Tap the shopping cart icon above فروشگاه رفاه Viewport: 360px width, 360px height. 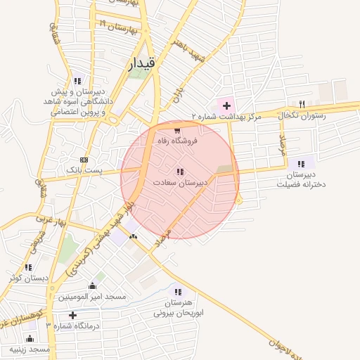(177, 130)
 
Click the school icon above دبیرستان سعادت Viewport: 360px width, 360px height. (181, 172)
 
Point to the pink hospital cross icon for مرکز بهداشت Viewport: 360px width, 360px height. (226, 105)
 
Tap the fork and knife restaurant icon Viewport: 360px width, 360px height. (302, 103)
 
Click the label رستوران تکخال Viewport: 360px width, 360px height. (304, 115)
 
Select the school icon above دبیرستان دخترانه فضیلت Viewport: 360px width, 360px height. (302, 163)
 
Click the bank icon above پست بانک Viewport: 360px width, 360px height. (84, 160)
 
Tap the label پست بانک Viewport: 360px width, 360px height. (84, 170)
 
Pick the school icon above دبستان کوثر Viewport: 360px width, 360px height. (28, 267)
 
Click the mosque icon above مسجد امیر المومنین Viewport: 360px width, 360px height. (92, 285)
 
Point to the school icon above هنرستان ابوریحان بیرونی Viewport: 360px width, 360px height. (177, 292)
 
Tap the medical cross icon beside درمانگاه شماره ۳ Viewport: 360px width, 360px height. (72, 314)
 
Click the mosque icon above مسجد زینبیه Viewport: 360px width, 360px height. (29, 338)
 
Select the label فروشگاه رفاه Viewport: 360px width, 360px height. (178, 141)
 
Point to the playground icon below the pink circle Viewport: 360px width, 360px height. (133, 236)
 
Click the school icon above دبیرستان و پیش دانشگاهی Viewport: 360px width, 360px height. (77, 80)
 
